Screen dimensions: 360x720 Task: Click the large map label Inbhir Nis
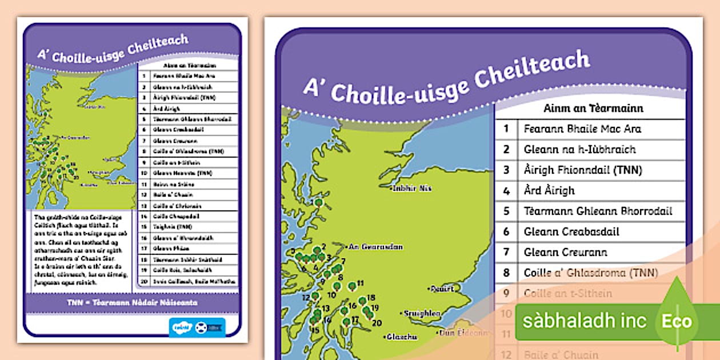[411, 188]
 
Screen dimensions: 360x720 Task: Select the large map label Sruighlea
[422, 313]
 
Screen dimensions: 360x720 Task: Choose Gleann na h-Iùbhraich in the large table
[579, 149]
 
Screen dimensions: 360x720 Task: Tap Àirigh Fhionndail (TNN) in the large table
[583, 170]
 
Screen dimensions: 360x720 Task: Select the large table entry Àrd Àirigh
[549, 190]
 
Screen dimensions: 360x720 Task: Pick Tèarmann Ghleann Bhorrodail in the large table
[598, 211]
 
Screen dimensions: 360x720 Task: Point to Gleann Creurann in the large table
[565, 252]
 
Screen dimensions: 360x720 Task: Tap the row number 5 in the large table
[506, 211]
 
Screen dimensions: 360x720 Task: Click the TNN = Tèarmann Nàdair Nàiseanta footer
[131, 301]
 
